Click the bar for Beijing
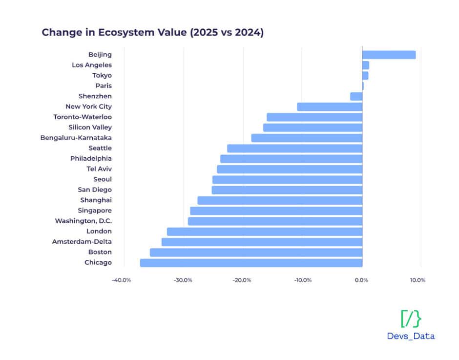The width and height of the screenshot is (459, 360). pos(389,55)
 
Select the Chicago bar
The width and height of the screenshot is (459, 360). pos(251,263)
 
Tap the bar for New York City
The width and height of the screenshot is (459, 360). pos(330,106)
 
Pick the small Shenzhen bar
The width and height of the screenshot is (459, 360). pos(356,96)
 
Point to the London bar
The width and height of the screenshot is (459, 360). pos(265,232)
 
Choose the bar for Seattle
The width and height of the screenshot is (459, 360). pos(294,148)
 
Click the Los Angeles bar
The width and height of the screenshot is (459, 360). pos(365,65)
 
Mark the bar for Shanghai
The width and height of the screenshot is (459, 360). pos(280,200)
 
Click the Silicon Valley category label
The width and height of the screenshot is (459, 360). pos(90,127)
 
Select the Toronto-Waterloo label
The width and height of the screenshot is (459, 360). pos(83,117)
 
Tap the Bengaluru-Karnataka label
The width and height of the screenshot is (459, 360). pos(76,138)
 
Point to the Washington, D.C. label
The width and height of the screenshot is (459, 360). pos(83,221)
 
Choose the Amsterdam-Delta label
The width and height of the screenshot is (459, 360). pos(82,242)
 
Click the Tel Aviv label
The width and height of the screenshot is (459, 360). pos(99,169)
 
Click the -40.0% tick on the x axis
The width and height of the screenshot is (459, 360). pos(121,280)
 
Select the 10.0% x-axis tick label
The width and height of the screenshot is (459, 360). pos(417,280)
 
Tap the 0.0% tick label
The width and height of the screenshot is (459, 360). pos(361,280)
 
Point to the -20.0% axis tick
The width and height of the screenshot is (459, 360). pos(242,280)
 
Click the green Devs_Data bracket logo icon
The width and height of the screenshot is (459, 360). pos(410,318)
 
